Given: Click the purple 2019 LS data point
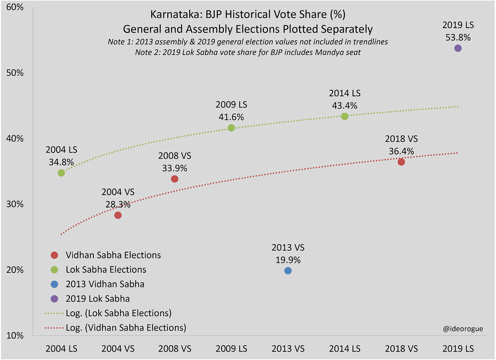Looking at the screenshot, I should tap(458, 48).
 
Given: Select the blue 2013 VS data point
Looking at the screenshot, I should tap(288, 271).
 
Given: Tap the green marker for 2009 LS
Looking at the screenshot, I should tap(231, 128).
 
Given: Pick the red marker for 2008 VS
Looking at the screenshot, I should tap(174, 179).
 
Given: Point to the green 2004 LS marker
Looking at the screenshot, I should tap(61, 173).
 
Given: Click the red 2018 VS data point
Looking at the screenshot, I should tap(401, 162).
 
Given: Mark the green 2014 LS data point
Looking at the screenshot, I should tap(345, 116).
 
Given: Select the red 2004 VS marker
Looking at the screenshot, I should tap(118, 215).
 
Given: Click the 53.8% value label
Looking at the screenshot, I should tap(458, 37).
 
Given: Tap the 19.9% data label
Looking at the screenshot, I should tap(288, 260).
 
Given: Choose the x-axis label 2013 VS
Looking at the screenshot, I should tap(288, 349).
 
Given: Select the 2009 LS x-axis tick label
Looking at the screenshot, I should tap(231, 349).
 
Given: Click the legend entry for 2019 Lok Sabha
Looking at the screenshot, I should tap(98, 298).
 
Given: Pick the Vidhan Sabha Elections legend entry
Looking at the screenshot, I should tap(113, 255).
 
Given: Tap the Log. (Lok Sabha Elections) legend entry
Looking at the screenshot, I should tap(118, 312).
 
